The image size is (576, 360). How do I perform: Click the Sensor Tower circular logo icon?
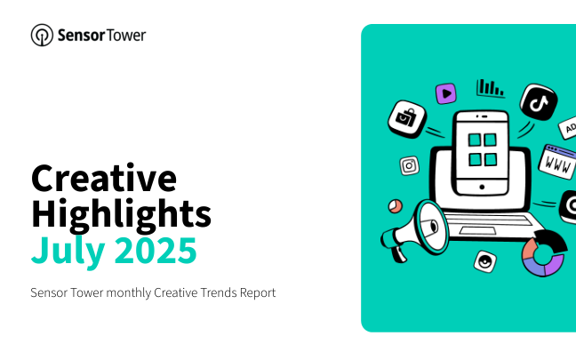point(42,36)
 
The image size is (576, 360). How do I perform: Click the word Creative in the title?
point(104,179)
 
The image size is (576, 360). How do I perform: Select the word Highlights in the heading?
point(121,215)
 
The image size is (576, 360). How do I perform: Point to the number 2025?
point(156,250)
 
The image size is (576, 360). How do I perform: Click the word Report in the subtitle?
point(258,293)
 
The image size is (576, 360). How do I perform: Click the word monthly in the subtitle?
point(129,293)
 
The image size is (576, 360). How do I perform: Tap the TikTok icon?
point(539,102)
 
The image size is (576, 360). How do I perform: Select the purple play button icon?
point(446,93)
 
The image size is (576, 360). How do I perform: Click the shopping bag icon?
point(407,119)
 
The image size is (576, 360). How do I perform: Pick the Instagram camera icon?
point(409,165)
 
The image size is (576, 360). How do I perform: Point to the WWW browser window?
point(557,162)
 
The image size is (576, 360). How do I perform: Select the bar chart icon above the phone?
point(491,88)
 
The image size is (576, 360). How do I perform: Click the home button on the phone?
point(482,187)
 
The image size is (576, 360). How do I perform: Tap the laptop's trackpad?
point(477,231)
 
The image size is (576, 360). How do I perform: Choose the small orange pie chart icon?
point(396,206)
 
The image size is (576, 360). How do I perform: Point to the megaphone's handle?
point(398,253)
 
